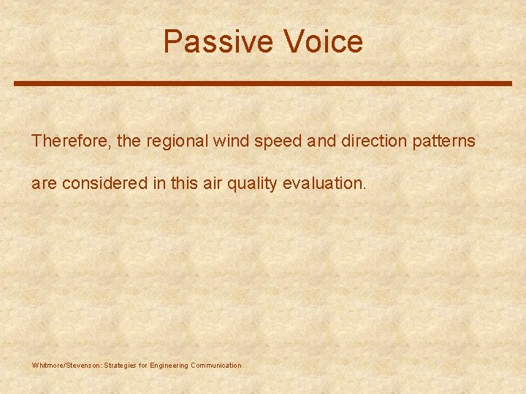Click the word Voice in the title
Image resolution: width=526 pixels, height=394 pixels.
[x=324, y=42]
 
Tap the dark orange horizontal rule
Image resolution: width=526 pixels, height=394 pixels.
[x=263, y=84]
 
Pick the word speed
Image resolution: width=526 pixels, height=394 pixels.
[x=278, y=141]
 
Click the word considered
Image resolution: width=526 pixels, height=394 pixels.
[x=104, y=184]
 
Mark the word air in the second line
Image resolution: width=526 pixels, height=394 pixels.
[x=211, y=184]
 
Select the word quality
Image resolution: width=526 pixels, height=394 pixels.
[x=251, y=184]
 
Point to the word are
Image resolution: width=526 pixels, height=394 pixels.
[x=44, y=184]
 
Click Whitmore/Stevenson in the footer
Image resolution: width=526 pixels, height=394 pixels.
[x=66, y=366]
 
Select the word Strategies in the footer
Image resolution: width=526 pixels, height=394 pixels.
[x=122, y=366]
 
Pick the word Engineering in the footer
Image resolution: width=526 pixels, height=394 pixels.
[x=169, y=366]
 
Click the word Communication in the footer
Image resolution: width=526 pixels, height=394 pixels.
[x=216, y=366]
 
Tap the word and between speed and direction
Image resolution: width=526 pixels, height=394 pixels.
[x=319, y=141]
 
